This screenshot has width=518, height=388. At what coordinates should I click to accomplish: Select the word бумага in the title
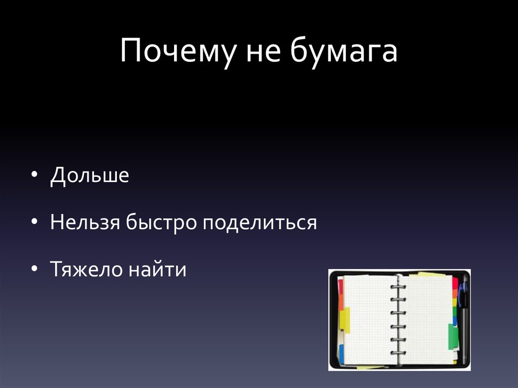pyautogui.click(x=343, y=52)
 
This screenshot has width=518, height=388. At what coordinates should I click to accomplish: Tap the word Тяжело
pyautogui.click(x=85, y=269)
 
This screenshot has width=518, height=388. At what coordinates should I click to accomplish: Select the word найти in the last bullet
pyautogui.click(x=157, y=269)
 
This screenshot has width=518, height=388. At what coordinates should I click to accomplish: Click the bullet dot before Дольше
pyautogui.click(x=34, y=175)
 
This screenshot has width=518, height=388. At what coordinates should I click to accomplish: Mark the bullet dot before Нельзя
pyautogui.click(x=34, y=222)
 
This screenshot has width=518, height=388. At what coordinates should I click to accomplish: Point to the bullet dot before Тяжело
pyautogui.click(x=34, y=269)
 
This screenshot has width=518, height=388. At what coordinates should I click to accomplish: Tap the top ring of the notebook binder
pyautogui.click(x=398, y=287)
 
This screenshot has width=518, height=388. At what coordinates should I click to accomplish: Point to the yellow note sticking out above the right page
pyautogui.click(x=430, y=275)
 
